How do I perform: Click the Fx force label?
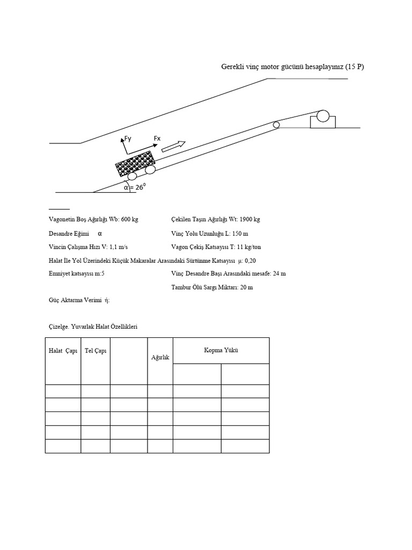(157, 139)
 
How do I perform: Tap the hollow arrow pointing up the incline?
(174, 146)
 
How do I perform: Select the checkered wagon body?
(136, 164)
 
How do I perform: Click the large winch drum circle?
(323, 115)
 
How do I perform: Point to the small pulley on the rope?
(276, 125)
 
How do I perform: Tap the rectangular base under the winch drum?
(323, 122)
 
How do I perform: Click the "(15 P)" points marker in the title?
(355, 67)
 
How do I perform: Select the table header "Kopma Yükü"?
(220, 350)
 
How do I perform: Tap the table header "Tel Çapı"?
(95, 351)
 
